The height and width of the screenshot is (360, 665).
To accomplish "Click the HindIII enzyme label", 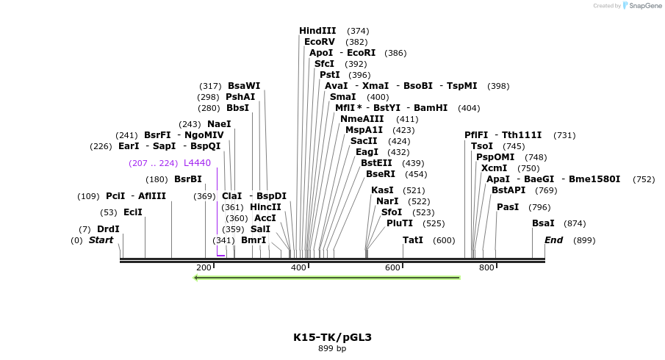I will click(x=317, y=31).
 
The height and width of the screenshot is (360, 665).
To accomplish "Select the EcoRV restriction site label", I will click(x=320, y=42).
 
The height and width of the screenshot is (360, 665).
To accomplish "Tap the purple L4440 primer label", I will click(x=197, y=163).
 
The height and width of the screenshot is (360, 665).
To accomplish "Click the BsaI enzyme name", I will click(x=543, y=223).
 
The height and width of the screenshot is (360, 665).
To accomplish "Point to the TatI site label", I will click(x=413, y=240).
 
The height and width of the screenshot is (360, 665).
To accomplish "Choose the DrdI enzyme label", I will click(x=108, y=229).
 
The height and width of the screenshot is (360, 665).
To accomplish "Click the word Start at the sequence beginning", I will click(x=101, y=240).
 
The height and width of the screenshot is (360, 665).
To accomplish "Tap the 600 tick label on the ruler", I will click(x=392, y=267).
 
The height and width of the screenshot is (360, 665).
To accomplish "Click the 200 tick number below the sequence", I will click(x=204, y=267).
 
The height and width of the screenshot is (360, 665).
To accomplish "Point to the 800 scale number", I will click(x=486, y=267).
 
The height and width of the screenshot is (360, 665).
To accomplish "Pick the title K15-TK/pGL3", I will click(x=332, y=337).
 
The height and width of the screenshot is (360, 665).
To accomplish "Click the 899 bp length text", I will click(x=332, y=348).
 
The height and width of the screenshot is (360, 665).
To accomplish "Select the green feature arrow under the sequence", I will click(x=326, y=278).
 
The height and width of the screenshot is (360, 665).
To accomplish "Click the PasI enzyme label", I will click(x=508, y=207).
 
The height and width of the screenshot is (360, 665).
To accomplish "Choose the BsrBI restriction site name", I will click(x=187, y=179).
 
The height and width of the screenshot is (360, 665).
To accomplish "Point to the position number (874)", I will click(x=575, y=223).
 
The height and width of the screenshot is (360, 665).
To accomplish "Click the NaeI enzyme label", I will click(x=219, y=124).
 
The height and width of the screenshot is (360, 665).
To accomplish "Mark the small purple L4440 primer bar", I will click(x=220, y=256).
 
